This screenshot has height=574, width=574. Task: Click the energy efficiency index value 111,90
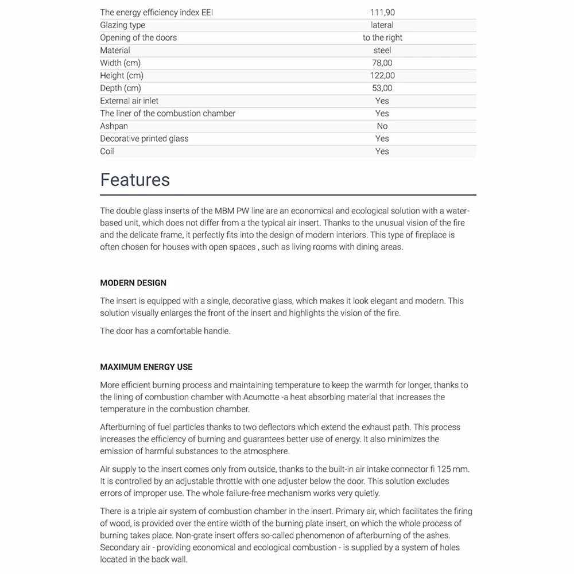[x=382, y=12]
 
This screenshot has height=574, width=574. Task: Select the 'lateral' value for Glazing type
[x=382, y=25]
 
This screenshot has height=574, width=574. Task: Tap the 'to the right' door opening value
[x=382, y=37]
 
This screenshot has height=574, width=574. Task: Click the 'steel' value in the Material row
[x=382, y=50]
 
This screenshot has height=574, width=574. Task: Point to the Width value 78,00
[x=382, y=63]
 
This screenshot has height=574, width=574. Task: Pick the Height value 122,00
[x=382, y=75]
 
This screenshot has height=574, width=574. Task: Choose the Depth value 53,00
[x=382, y=88]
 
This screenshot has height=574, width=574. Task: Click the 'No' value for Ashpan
[x=382, y=126]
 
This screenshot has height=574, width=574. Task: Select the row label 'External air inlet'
[x=129, y=100]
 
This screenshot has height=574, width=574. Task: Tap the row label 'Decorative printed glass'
[x=144, y=138]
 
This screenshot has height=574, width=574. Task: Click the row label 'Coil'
[x=107, y=151]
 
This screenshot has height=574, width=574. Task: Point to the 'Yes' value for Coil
[x=382, y=151]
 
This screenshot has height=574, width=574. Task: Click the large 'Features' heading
[x=135, y=180]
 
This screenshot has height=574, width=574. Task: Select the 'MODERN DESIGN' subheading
[x=133, y=283]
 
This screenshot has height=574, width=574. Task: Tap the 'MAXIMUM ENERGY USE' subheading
[x=146, y=367]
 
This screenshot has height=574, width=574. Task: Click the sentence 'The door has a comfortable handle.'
[x=165, y=331]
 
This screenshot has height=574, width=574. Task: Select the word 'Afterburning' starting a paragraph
[x=125, y=427]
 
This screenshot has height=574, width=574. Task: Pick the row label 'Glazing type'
[x=122, y=25]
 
